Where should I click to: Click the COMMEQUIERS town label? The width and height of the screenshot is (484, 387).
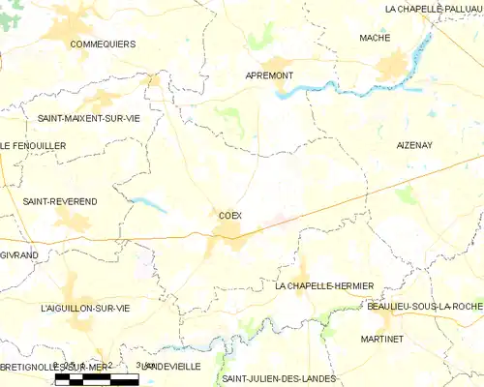pos(102,44)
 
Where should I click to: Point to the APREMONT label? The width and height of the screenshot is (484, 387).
pos(269,74)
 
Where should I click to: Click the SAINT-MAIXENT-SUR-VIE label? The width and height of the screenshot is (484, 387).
pos(88,118)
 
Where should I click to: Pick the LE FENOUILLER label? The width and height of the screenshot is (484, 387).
pos(32,145)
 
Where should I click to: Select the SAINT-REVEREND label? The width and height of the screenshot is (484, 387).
pos(59,201)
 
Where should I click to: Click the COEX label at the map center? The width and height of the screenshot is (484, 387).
pos(230,216)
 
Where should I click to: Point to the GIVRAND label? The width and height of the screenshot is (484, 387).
pos(19,254)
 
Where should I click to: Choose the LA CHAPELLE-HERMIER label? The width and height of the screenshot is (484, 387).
pos(324,286)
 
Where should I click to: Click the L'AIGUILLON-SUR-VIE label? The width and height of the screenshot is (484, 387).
pos(85,308)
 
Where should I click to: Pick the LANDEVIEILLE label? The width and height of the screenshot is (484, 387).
pos(170,368)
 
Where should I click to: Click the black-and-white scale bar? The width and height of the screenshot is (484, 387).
pos(97,379)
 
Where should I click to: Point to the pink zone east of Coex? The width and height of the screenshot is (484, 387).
pos(281,222)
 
